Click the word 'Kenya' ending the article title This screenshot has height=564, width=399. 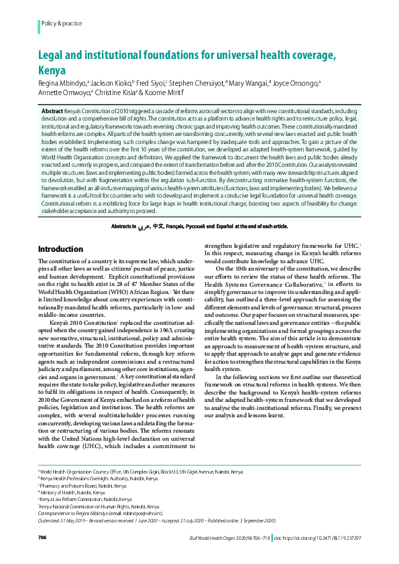pos(54,70)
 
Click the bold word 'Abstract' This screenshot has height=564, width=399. pos(52,110)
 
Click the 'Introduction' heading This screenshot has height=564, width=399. pos(60,249)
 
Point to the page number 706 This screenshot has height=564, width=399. pos(42,538)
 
